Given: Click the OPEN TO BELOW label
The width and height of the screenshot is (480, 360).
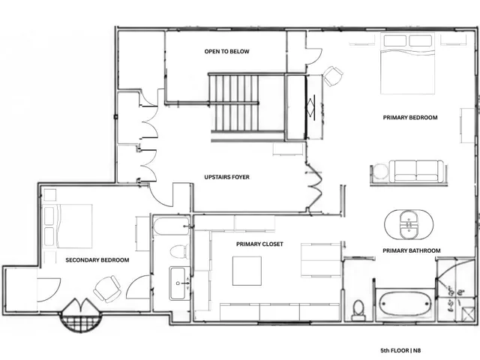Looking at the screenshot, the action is click(x=226, y=52).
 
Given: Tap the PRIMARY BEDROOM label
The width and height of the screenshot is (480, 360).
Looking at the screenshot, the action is click(x=410, y=118).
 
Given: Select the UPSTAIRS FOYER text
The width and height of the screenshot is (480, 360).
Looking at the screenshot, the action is click(x=226, y=177).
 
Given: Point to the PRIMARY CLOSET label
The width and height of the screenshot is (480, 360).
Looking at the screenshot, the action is click(x=259, y=244).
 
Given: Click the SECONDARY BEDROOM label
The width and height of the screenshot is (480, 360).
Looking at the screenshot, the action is click(x=97, y=260).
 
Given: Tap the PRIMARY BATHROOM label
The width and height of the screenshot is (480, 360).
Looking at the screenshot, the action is click(x=412, y=250).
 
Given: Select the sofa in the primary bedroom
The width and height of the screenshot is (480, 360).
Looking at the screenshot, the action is click(x=417, y=171).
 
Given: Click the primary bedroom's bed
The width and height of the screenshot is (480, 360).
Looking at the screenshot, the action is click(x=407, y=63).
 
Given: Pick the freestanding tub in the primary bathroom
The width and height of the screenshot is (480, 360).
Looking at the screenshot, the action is click(x=405, y=303).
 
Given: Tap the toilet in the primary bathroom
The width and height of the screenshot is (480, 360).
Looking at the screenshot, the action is click(x=358, y=310).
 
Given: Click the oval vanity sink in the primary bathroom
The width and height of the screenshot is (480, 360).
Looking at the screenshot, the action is click(x=409, y=225).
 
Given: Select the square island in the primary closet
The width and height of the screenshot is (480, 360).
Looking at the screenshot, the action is click(x=247, y=271).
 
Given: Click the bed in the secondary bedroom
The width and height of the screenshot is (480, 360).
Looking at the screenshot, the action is click(x=68, y=226).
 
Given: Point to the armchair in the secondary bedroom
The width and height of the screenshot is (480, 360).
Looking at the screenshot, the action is click(x=107, y=289).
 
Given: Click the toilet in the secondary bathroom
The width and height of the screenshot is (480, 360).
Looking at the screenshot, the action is click(x=179, y=251).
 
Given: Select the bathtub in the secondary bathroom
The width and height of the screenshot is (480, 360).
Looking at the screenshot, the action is click(x=172, y=226).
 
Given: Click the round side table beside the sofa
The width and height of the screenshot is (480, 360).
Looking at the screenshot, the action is click(x=380, y=172).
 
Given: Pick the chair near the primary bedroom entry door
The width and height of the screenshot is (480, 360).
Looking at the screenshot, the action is click(x=333, y=76).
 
